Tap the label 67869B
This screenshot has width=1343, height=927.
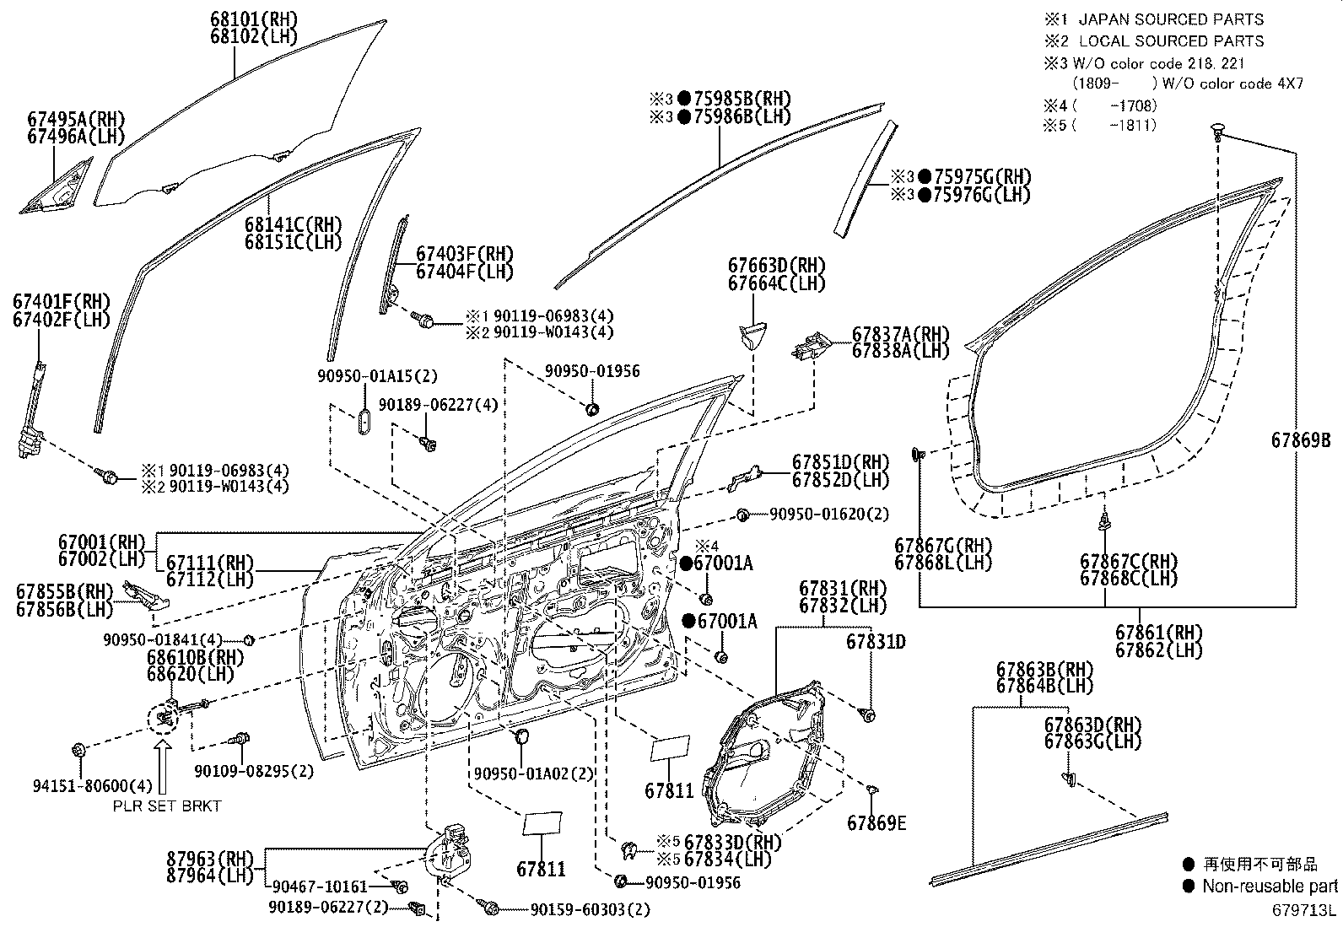1300,439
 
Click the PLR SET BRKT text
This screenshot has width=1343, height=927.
167,806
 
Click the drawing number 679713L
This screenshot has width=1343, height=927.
1305,910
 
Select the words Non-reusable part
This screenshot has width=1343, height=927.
1269,886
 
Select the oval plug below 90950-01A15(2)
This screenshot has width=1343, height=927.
364,423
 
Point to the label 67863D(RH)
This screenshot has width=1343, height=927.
1092,725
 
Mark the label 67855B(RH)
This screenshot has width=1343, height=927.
63,592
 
